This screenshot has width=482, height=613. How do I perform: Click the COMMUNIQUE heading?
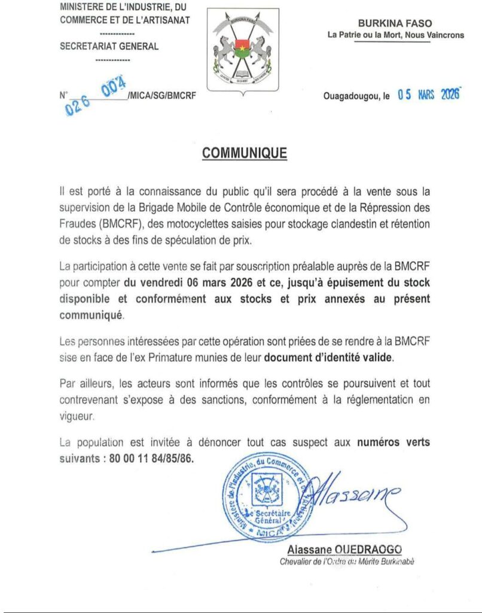point(245,153)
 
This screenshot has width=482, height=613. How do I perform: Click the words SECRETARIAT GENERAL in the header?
point(109,47)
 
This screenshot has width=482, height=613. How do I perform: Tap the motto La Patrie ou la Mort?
point(396,35)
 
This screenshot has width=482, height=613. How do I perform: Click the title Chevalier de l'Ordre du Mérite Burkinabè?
point(347,562)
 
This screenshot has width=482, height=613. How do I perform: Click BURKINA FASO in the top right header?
point(395,23)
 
